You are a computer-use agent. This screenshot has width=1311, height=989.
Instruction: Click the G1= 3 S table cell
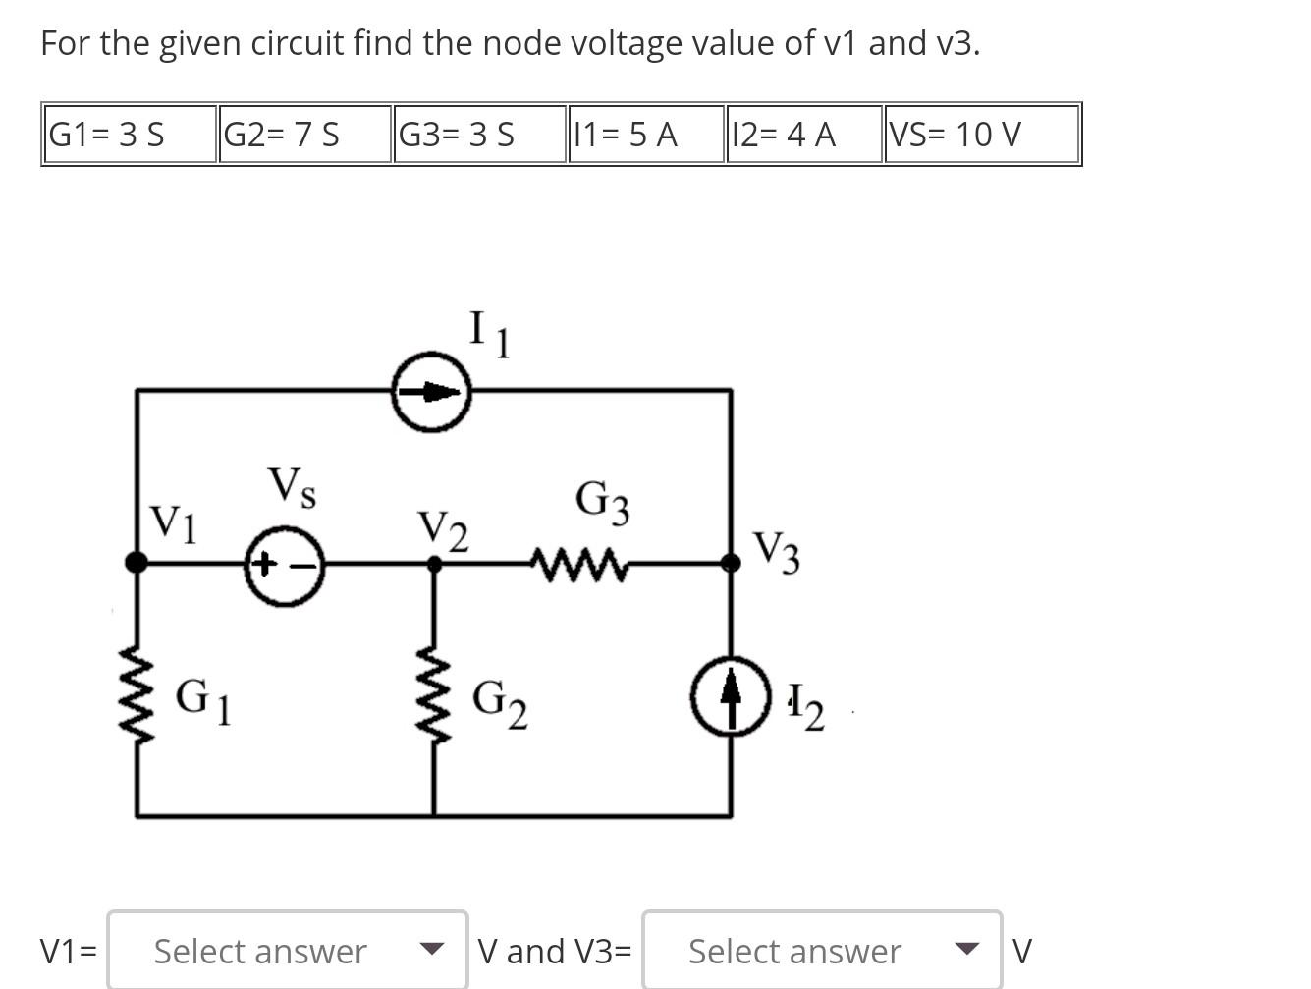point(130,135)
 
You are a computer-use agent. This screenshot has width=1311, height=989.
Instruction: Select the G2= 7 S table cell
point(304,135)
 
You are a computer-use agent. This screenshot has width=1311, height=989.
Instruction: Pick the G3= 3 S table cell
point(479,135)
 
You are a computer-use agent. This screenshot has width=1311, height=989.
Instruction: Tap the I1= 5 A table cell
point(645,135)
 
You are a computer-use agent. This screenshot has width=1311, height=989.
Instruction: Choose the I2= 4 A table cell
point(803,135)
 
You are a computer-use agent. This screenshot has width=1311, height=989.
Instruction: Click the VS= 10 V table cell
point(981,135)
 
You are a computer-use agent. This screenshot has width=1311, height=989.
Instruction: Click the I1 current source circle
point(431,392)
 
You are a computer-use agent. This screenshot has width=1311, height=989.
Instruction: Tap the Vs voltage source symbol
point(284,566)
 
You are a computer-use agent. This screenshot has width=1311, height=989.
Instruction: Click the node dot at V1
point(137,562)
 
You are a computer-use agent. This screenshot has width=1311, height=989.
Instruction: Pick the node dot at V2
point(433,563)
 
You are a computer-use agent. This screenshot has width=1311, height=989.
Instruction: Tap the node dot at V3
point(731,562)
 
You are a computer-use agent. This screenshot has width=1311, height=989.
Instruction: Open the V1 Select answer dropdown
point(287,950)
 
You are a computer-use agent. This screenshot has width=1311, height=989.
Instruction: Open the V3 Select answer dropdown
point(822,950)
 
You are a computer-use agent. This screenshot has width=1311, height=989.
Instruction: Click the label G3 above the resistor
point(602,501)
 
